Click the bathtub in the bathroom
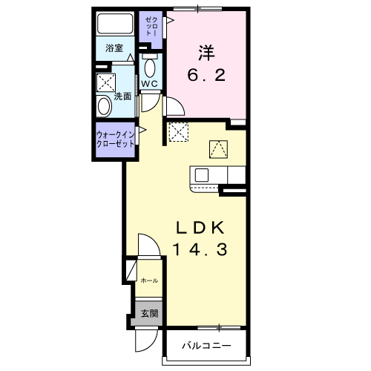[x=115, y=24]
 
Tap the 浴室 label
[x=114, y=48]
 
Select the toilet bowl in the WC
[x=150, y=68]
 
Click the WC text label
[x=149, y=84]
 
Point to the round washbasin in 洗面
[x=104, y=106]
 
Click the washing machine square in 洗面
[x=106, y=82]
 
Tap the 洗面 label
[x=122, y=96]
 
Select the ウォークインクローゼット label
[x=115, y=139]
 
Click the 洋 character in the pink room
[x=206, y=53]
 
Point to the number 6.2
[x=206, y=75]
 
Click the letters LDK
[x=200, y=228]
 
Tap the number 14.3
[x=200, y=249]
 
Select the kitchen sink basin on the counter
[x=202, y=175]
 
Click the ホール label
[x=149, y=280]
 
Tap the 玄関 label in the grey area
[x=149, y=314]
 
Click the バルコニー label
[x=206, y=345]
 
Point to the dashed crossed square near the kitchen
[x=179, y=132]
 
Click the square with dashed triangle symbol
[x=218, y=149]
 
